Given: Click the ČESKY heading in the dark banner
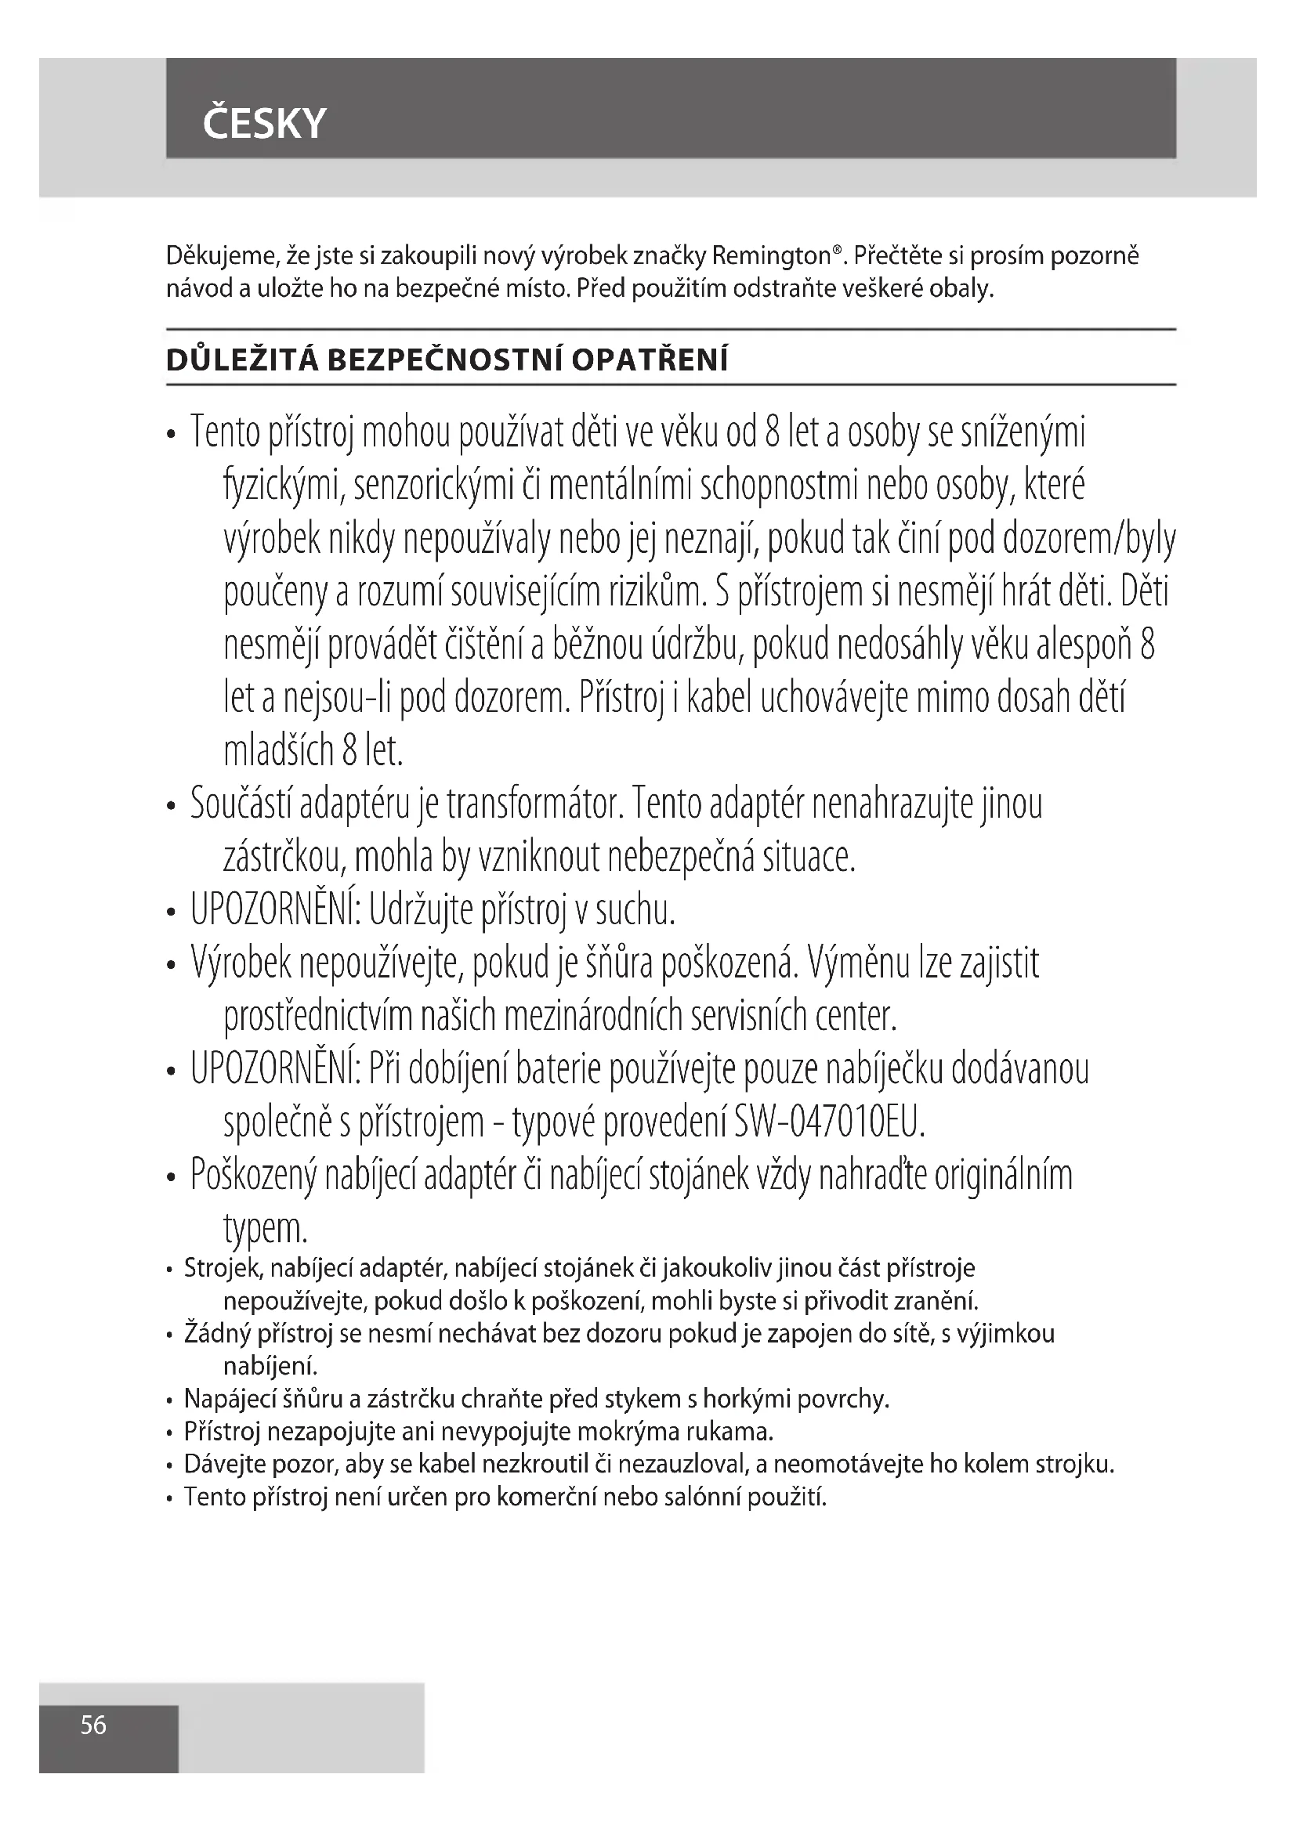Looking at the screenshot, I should pyautogui.click(x=264, y=124).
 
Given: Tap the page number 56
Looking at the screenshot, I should pyautogui.click(x=93, y=1725).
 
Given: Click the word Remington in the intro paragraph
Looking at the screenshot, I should pyautogui.click(x=770, y=256).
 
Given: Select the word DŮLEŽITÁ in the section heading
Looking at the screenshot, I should pyautogui.click(x=242, y=360).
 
